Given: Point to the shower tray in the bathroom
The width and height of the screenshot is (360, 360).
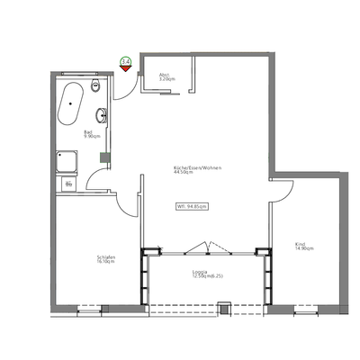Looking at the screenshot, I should (65, 159).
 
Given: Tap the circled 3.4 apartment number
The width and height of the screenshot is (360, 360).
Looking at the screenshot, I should (125, 61).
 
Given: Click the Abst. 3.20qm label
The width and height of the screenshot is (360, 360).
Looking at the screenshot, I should (166, 77).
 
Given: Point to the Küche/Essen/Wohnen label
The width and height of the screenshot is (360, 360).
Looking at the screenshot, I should (198, 170).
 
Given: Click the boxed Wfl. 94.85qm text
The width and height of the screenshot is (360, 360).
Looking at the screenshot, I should (191, 206).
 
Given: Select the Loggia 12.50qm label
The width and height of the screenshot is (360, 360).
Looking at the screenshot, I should (201, 274).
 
